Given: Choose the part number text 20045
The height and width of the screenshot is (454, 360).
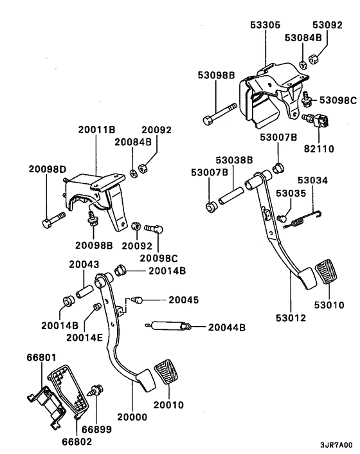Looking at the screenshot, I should tap(183, 299).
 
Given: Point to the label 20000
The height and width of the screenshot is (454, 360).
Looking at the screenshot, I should tap(133, 417).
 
